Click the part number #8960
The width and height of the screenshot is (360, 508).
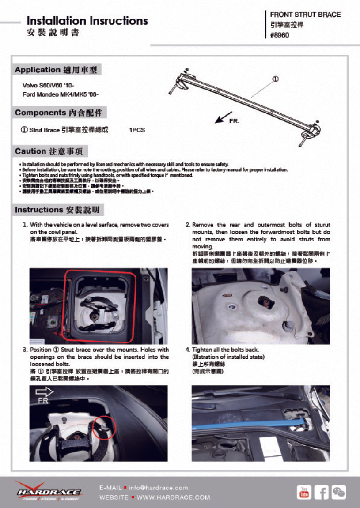(280, 35)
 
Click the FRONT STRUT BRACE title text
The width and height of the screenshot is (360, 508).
(305, 15)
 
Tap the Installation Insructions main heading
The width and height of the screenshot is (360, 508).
(87, 21)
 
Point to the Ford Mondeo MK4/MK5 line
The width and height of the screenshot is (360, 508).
(61, 94)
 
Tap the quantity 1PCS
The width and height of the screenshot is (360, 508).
(137, 130)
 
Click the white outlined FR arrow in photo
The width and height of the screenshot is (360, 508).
(45, 392)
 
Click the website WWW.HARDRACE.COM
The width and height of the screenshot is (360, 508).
(173, 497)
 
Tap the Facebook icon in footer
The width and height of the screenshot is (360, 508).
(322, 492)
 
